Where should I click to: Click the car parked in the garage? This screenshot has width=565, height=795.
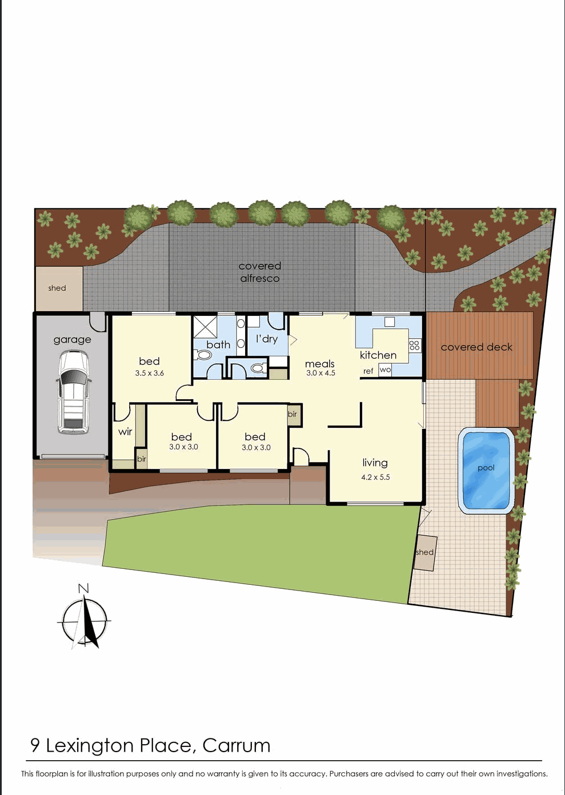73,392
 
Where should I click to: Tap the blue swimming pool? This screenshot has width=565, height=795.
486,470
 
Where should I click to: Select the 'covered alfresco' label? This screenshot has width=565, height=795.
260,272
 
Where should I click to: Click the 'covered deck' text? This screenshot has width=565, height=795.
476,347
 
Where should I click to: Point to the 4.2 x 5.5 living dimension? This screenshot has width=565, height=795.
375,477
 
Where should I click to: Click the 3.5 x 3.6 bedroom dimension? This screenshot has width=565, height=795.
150,373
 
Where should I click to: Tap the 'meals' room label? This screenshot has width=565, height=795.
320,364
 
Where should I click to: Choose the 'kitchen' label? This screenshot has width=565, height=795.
378,355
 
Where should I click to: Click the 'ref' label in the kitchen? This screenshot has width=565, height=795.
368,371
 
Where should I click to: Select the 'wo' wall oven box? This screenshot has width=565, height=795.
386,370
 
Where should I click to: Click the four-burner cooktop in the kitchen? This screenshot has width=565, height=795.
415,345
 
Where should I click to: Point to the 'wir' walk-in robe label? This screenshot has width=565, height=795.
125,432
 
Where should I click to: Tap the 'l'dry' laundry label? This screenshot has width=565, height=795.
267,339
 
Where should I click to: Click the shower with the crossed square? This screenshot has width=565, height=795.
205,327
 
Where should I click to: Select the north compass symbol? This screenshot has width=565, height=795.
85,620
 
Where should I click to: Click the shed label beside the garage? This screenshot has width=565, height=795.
57,288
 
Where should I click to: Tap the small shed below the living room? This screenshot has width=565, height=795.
425,552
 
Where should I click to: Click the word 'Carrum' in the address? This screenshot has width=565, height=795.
236,745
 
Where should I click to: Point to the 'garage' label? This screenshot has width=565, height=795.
72,340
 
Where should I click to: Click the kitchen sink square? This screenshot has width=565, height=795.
390,322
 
